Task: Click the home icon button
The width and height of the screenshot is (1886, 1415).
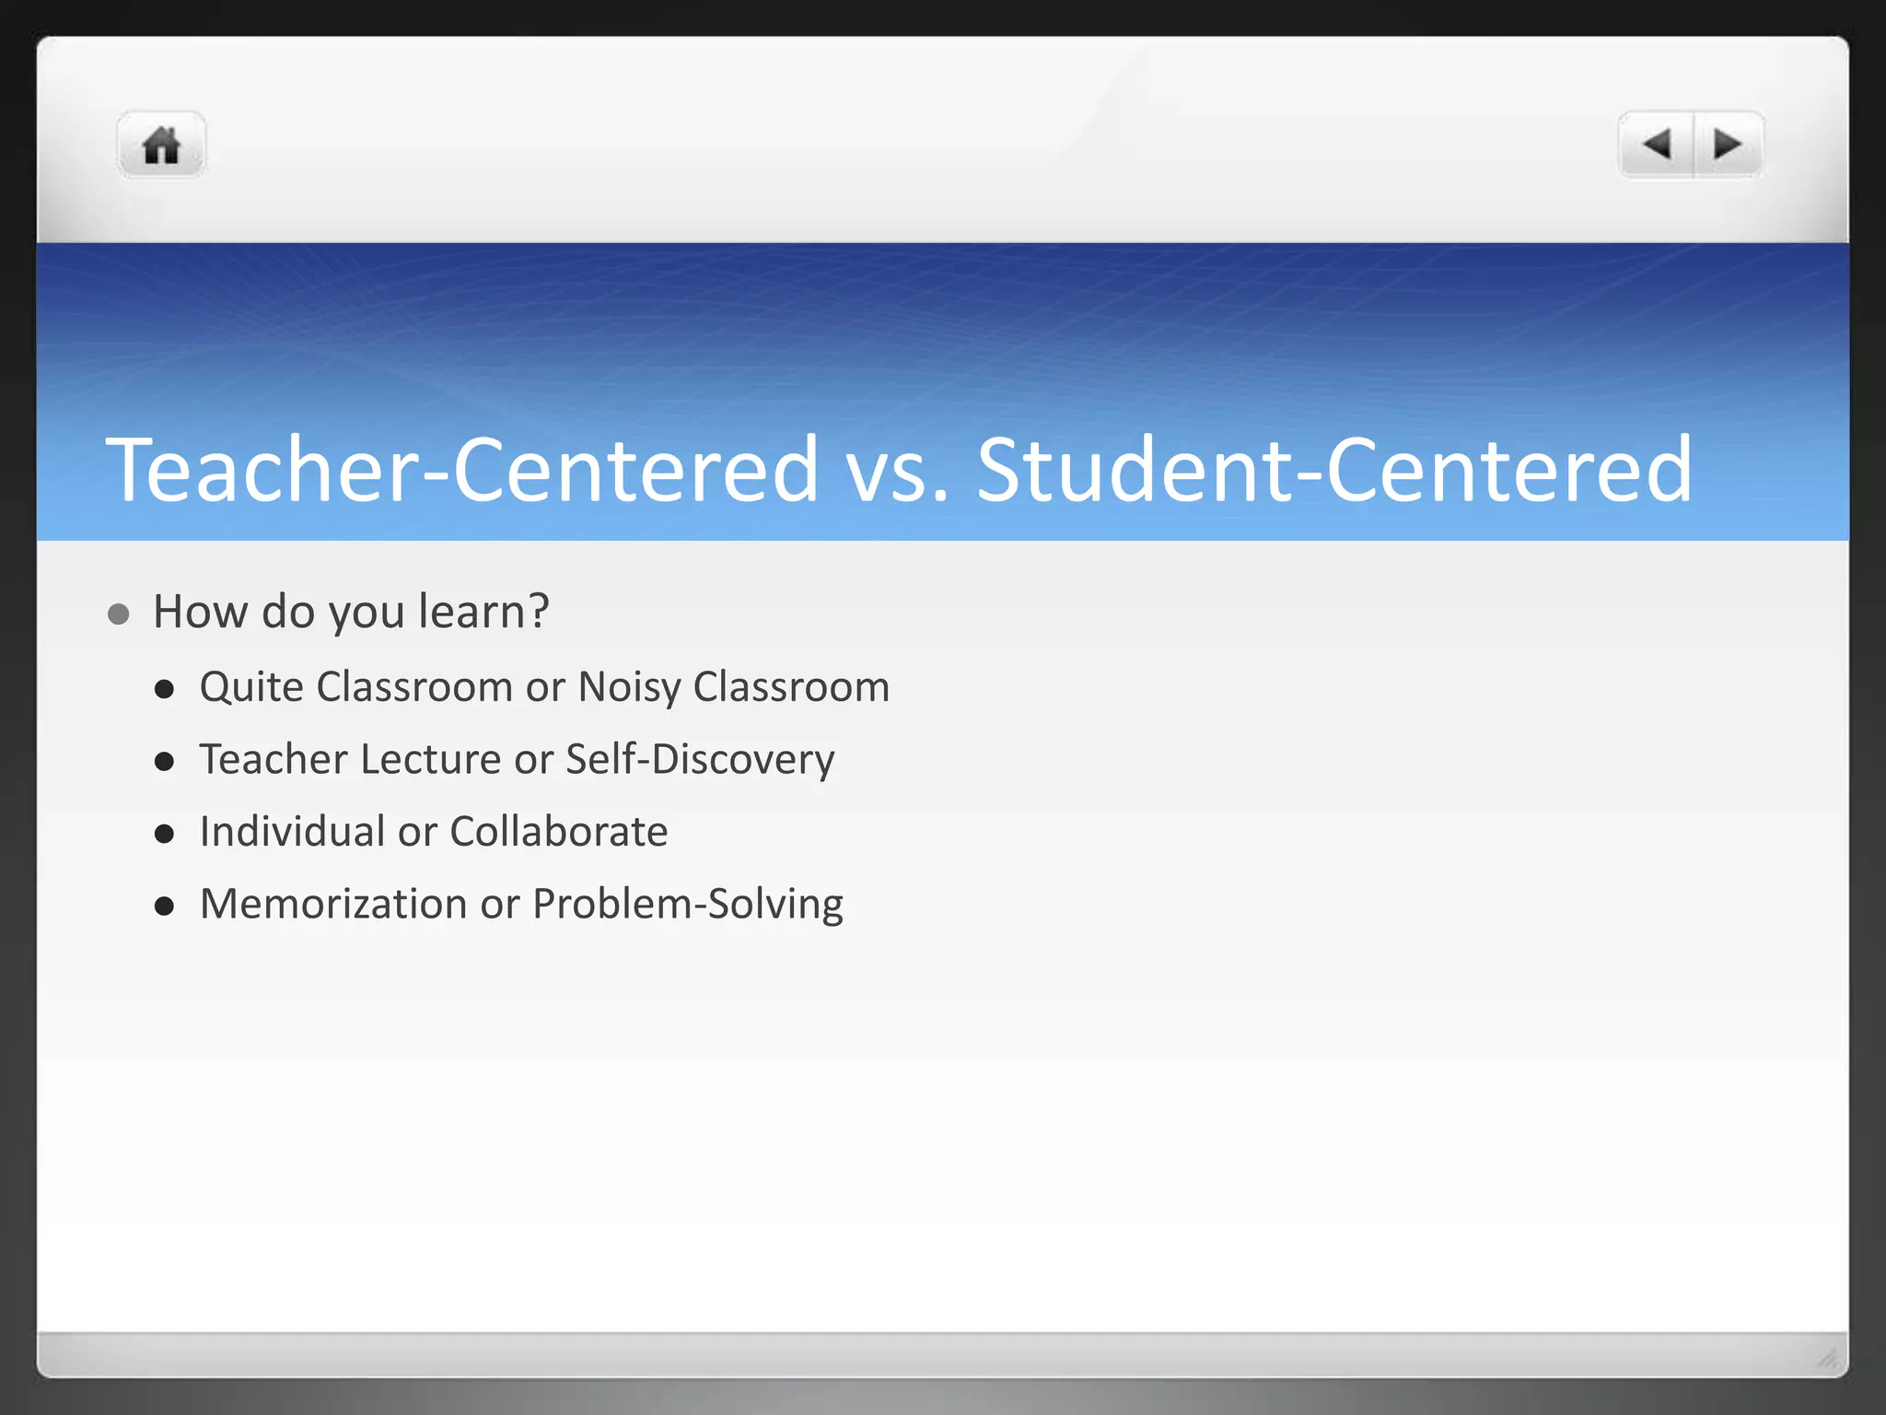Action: point(161,146)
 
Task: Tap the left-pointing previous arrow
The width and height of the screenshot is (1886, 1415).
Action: point(1657,145)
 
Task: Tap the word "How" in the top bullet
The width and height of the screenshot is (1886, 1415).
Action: point(200,612)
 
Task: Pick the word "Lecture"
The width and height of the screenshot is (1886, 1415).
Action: point(430,760)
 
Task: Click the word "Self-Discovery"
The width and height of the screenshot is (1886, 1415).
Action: point(700,760)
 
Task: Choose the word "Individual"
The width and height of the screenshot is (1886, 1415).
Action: point(292,832)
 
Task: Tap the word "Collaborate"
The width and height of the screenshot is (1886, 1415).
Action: point(558,832)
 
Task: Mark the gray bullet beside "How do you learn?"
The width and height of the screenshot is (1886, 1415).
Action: point(118,614)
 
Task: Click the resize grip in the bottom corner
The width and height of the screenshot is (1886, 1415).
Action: point(1827,1358)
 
